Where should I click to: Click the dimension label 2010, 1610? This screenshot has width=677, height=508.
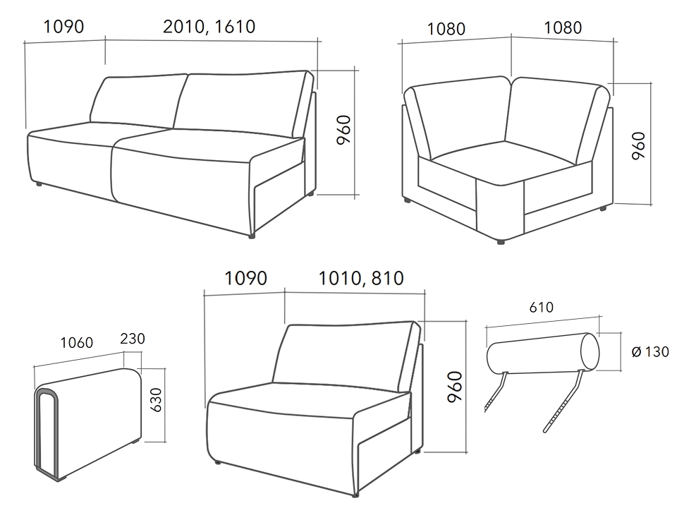click(209, 27)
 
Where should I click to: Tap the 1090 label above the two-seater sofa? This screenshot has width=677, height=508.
click(64, 27)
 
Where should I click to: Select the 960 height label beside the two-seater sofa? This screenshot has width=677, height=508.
click(343, 130)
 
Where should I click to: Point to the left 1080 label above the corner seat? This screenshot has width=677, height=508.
click(446, 30)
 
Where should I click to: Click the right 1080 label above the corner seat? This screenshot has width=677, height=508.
click(563, 28)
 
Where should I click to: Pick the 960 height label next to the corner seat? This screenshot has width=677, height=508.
click(638, 145)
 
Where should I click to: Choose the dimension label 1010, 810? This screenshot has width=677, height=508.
click(361, 278)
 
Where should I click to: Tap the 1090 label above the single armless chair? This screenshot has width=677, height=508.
click(245, 278)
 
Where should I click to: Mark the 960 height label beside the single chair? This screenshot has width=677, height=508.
click(454, 387)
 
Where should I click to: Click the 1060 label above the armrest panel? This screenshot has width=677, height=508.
click(76, 343)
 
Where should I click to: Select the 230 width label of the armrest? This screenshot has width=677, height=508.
click(132, 339)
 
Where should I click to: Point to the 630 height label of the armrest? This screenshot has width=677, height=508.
click(156, 399)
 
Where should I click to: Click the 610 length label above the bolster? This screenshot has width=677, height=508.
click(541, 308)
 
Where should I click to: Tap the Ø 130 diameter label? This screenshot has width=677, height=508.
click(649, 351)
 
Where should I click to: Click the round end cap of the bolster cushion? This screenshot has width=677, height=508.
click(590, 351)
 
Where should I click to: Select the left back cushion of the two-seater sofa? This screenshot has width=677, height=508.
click(138, 102)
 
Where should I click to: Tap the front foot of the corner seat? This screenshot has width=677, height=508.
click(501, 242)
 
